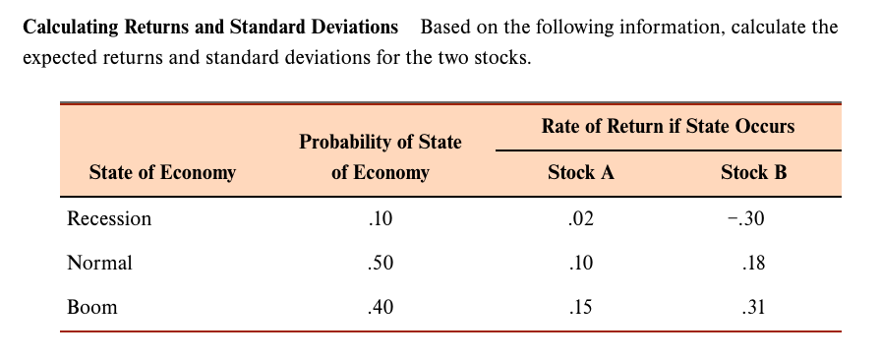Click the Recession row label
109,218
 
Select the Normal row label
99,263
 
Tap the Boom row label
92,307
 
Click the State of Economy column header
162,173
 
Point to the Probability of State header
380,143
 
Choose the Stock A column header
580,173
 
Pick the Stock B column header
753,173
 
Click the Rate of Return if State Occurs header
668,126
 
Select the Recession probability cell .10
379,218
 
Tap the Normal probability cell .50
379,263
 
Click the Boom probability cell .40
379,307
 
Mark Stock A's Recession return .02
580,218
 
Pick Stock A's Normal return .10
580,263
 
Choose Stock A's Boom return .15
580,307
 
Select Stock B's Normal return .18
753,263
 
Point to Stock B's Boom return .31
753,307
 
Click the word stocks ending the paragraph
503,58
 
